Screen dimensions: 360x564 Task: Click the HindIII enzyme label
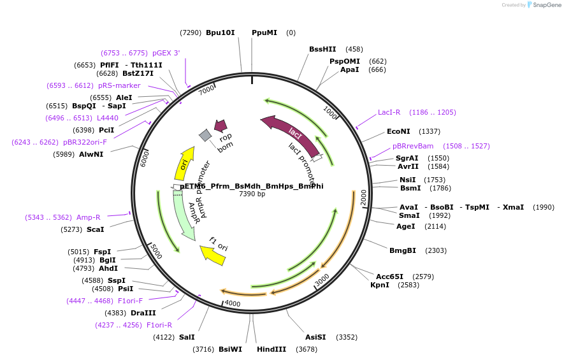271,349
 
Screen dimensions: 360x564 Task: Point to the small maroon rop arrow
221,126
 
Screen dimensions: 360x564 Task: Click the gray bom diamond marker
205,135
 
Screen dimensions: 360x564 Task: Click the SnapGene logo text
546,5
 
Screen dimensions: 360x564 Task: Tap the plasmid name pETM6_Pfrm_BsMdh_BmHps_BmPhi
251,186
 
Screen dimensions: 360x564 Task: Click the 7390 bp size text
252,194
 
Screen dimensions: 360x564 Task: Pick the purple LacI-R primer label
389,112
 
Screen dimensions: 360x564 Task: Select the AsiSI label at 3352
315,337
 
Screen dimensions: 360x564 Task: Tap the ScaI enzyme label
95,229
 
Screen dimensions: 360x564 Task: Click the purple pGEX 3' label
166,54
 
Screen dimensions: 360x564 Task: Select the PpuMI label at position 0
264,32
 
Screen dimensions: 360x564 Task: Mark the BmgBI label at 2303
403,250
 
